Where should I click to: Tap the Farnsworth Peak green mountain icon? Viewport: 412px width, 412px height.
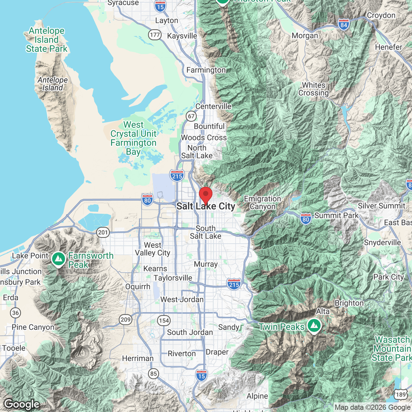pyautogui.click(x=58, y=259)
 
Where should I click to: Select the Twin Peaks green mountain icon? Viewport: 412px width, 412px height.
pyautogui.click(x=314, y=326)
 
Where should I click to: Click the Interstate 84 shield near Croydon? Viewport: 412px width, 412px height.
pyautogui.click(x=344, y=24)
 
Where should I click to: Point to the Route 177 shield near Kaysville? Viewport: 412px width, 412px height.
pyautogui.click(x=155, y=35)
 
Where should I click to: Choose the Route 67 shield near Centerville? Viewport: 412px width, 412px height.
pyautogui.click(x=191, y=116)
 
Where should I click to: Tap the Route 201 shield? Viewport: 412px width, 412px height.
pyautogui.click(x=103, y=232)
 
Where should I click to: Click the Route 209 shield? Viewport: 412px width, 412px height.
pyautogui.click(x=126, y=320)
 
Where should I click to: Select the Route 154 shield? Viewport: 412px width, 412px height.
pyautogui.click(x=164, y=320)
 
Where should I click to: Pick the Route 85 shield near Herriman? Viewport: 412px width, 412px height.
pyautogui.click(x=154, y=374)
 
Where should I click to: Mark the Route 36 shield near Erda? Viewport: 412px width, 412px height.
pyautogui.click(x=15, y=313)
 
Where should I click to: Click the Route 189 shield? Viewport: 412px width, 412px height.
pyautogui.click(x=401, y=395)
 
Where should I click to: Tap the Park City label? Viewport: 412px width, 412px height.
pyautogui.click(x=389, y=277)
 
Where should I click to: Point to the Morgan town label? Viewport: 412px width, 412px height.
pyautogui.click(x=305, y=36)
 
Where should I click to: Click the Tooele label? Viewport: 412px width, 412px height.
pyautogui.click(x=14, y=348)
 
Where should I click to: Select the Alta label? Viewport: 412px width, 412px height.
pyautogui.click(x=323, y=311)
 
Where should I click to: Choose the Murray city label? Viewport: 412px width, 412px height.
pyautogui.click(x=206, y=264)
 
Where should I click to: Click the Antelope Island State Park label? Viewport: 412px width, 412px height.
pyautogui.click(x=47, y=40)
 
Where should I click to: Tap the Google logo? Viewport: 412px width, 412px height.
pyautogui.click(x=22, y=404)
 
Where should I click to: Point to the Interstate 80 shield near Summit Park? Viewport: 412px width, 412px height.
pyautogui.click(x=306, y=219)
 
